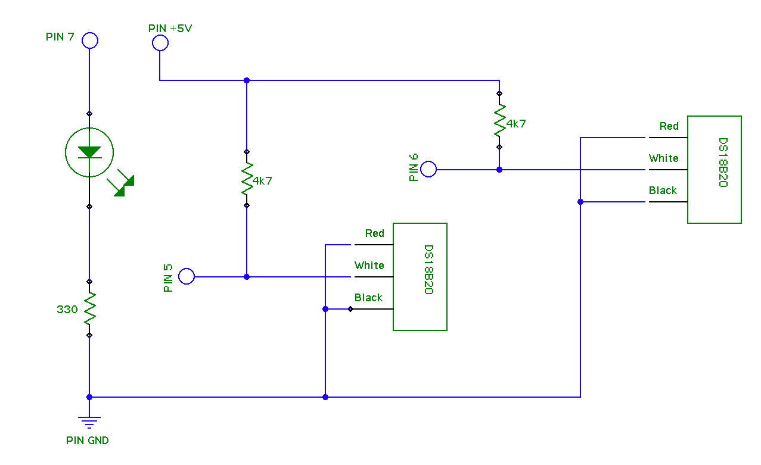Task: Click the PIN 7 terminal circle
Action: click(x=89, y=40)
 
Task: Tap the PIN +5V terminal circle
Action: click(x=160, y=43)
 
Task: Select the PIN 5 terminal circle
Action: click(x=187, y=276)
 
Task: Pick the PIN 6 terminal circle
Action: click(x=428, y=169)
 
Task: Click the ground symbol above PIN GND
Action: click(x=89, y=422)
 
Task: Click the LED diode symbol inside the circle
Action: click(x=89, y=152)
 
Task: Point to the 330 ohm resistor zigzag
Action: click(x=89, y=308)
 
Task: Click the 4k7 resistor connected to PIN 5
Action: click(x=247, y=179)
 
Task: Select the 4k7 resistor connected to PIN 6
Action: click(x=499, y=120)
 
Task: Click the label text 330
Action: click(x=67, y=310)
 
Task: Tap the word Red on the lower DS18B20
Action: click(x=375, y=233)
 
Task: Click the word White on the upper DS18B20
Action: click(x=663, y=158)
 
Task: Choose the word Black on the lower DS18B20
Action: click(x=368, y=298)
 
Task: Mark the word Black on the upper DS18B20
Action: click(x=663, y=191)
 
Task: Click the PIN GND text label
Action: click(x=88, y=441)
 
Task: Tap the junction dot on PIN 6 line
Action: click(x=499, y=170)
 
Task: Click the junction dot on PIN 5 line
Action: click(x=247, y=277)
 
